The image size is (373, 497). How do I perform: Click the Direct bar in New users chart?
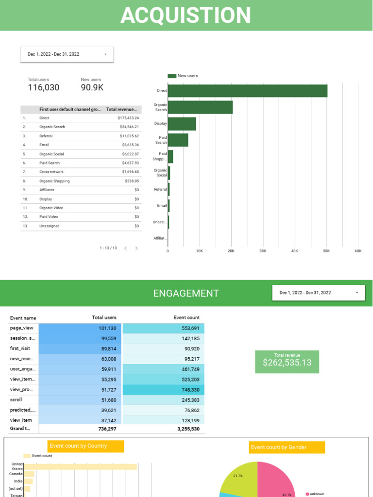pos(247,91)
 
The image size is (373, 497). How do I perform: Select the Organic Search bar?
pos(200,107)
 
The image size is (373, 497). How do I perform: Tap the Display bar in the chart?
pos(182,124)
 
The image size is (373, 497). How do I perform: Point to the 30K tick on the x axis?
pos(263,251)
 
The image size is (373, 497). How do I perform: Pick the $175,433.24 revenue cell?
pos(128,118)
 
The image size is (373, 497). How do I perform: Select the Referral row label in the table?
pos(46,136)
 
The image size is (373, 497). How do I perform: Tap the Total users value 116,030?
pos(44,88)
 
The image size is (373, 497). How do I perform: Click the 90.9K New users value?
pos(92,88)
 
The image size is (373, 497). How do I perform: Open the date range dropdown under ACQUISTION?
pos(67,54)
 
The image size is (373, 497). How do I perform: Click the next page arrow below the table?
pos(136,248)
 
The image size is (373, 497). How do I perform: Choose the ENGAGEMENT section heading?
pos(186,293)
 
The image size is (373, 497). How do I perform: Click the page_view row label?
pos(21,328)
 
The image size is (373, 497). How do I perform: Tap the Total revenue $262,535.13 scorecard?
pos(287,362)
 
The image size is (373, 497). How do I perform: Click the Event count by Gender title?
pos(279,447)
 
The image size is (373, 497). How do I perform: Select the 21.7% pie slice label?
pos(238,476)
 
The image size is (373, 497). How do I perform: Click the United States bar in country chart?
pos(80,466)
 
